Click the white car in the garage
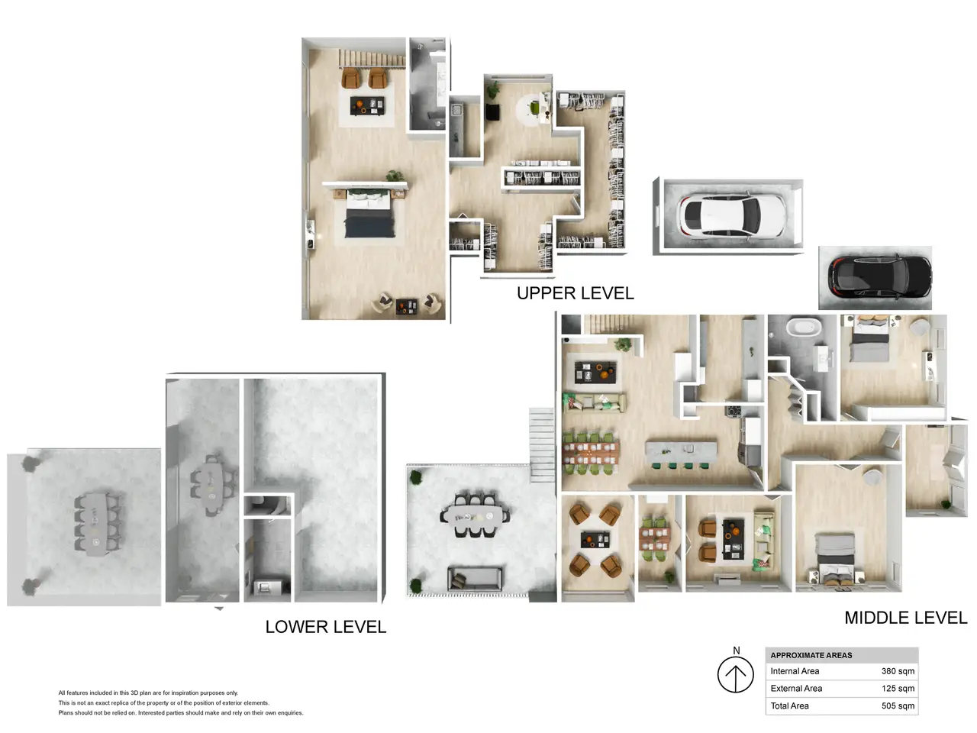[731, 216]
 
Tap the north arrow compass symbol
[735, 675]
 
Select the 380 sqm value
[898, 671]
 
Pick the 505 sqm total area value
[898, 706]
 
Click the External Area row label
[796, 689]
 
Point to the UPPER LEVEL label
[575, 293]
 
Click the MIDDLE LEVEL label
[905, 618]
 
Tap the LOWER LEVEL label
[325, 627]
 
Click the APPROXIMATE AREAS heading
[811, 655]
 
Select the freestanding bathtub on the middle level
[804, 328]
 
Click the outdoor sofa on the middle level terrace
[475, 579]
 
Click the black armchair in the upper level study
[492, 111]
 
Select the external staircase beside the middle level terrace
[542, 445]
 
